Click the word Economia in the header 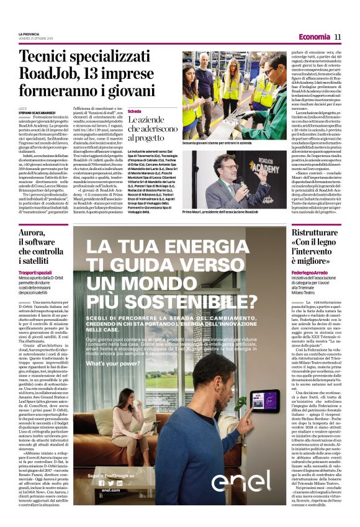coord(314,37)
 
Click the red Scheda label coord(135,111)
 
